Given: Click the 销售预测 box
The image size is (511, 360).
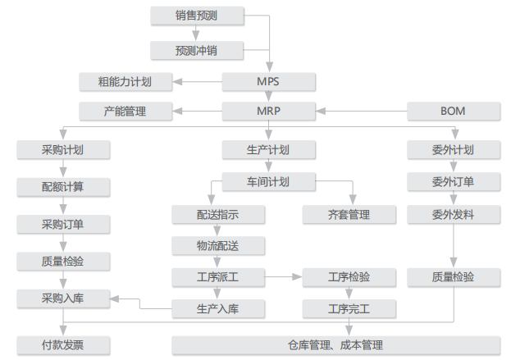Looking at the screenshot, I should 196,15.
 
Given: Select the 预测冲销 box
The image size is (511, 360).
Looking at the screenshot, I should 196,50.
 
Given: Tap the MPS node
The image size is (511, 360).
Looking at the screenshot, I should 268,81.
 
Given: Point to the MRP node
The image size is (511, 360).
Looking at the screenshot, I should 268,111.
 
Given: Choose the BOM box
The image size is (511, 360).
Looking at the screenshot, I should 454,111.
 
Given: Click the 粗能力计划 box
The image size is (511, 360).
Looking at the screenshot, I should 125,81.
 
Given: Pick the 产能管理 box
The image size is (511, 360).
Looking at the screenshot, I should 125,111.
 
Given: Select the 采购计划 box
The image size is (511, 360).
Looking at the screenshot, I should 63,150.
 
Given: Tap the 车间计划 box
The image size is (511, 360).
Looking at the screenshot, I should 268,181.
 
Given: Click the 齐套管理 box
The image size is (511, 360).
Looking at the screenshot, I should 349,215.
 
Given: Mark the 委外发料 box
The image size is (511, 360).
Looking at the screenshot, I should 454,215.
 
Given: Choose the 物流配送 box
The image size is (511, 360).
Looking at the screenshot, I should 218,245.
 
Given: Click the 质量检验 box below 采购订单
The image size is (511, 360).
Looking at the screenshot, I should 63,262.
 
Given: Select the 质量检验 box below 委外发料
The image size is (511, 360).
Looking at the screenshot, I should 454,277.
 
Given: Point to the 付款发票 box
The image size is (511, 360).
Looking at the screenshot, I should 63,345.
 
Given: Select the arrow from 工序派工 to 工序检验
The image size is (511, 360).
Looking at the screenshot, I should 284,277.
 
